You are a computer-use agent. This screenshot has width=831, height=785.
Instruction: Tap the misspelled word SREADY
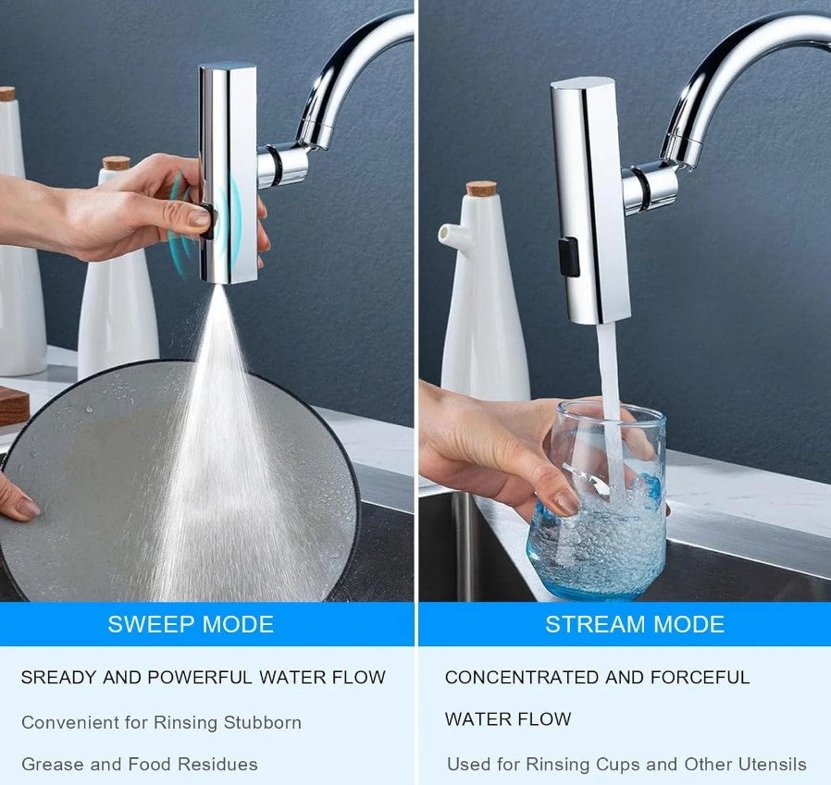pyautogui.click(x=58, y=677)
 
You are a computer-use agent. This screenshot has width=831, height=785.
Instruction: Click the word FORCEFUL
pyautogui.click(x=701, y=677)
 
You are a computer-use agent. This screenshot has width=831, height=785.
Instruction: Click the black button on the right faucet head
pyautogui.click(x=568, y=257)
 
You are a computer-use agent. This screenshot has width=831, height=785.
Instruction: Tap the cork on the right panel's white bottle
pyautogui.click(x=481, y=189)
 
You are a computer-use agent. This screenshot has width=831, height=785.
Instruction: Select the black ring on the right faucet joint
pyautogui.click(x=639, y=189)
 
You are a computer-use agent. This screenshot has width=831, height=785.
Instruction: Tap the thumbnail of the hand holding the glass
pyautogui.click(x=565, y=501)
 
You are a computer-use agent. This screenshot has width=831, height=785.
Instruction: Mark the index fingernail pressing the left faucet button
pyautogui.click(x=199, y=215)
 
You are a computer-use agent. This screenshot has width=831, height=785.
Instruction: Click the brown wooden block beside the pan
pyautogui.click(x=14, y=405)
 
